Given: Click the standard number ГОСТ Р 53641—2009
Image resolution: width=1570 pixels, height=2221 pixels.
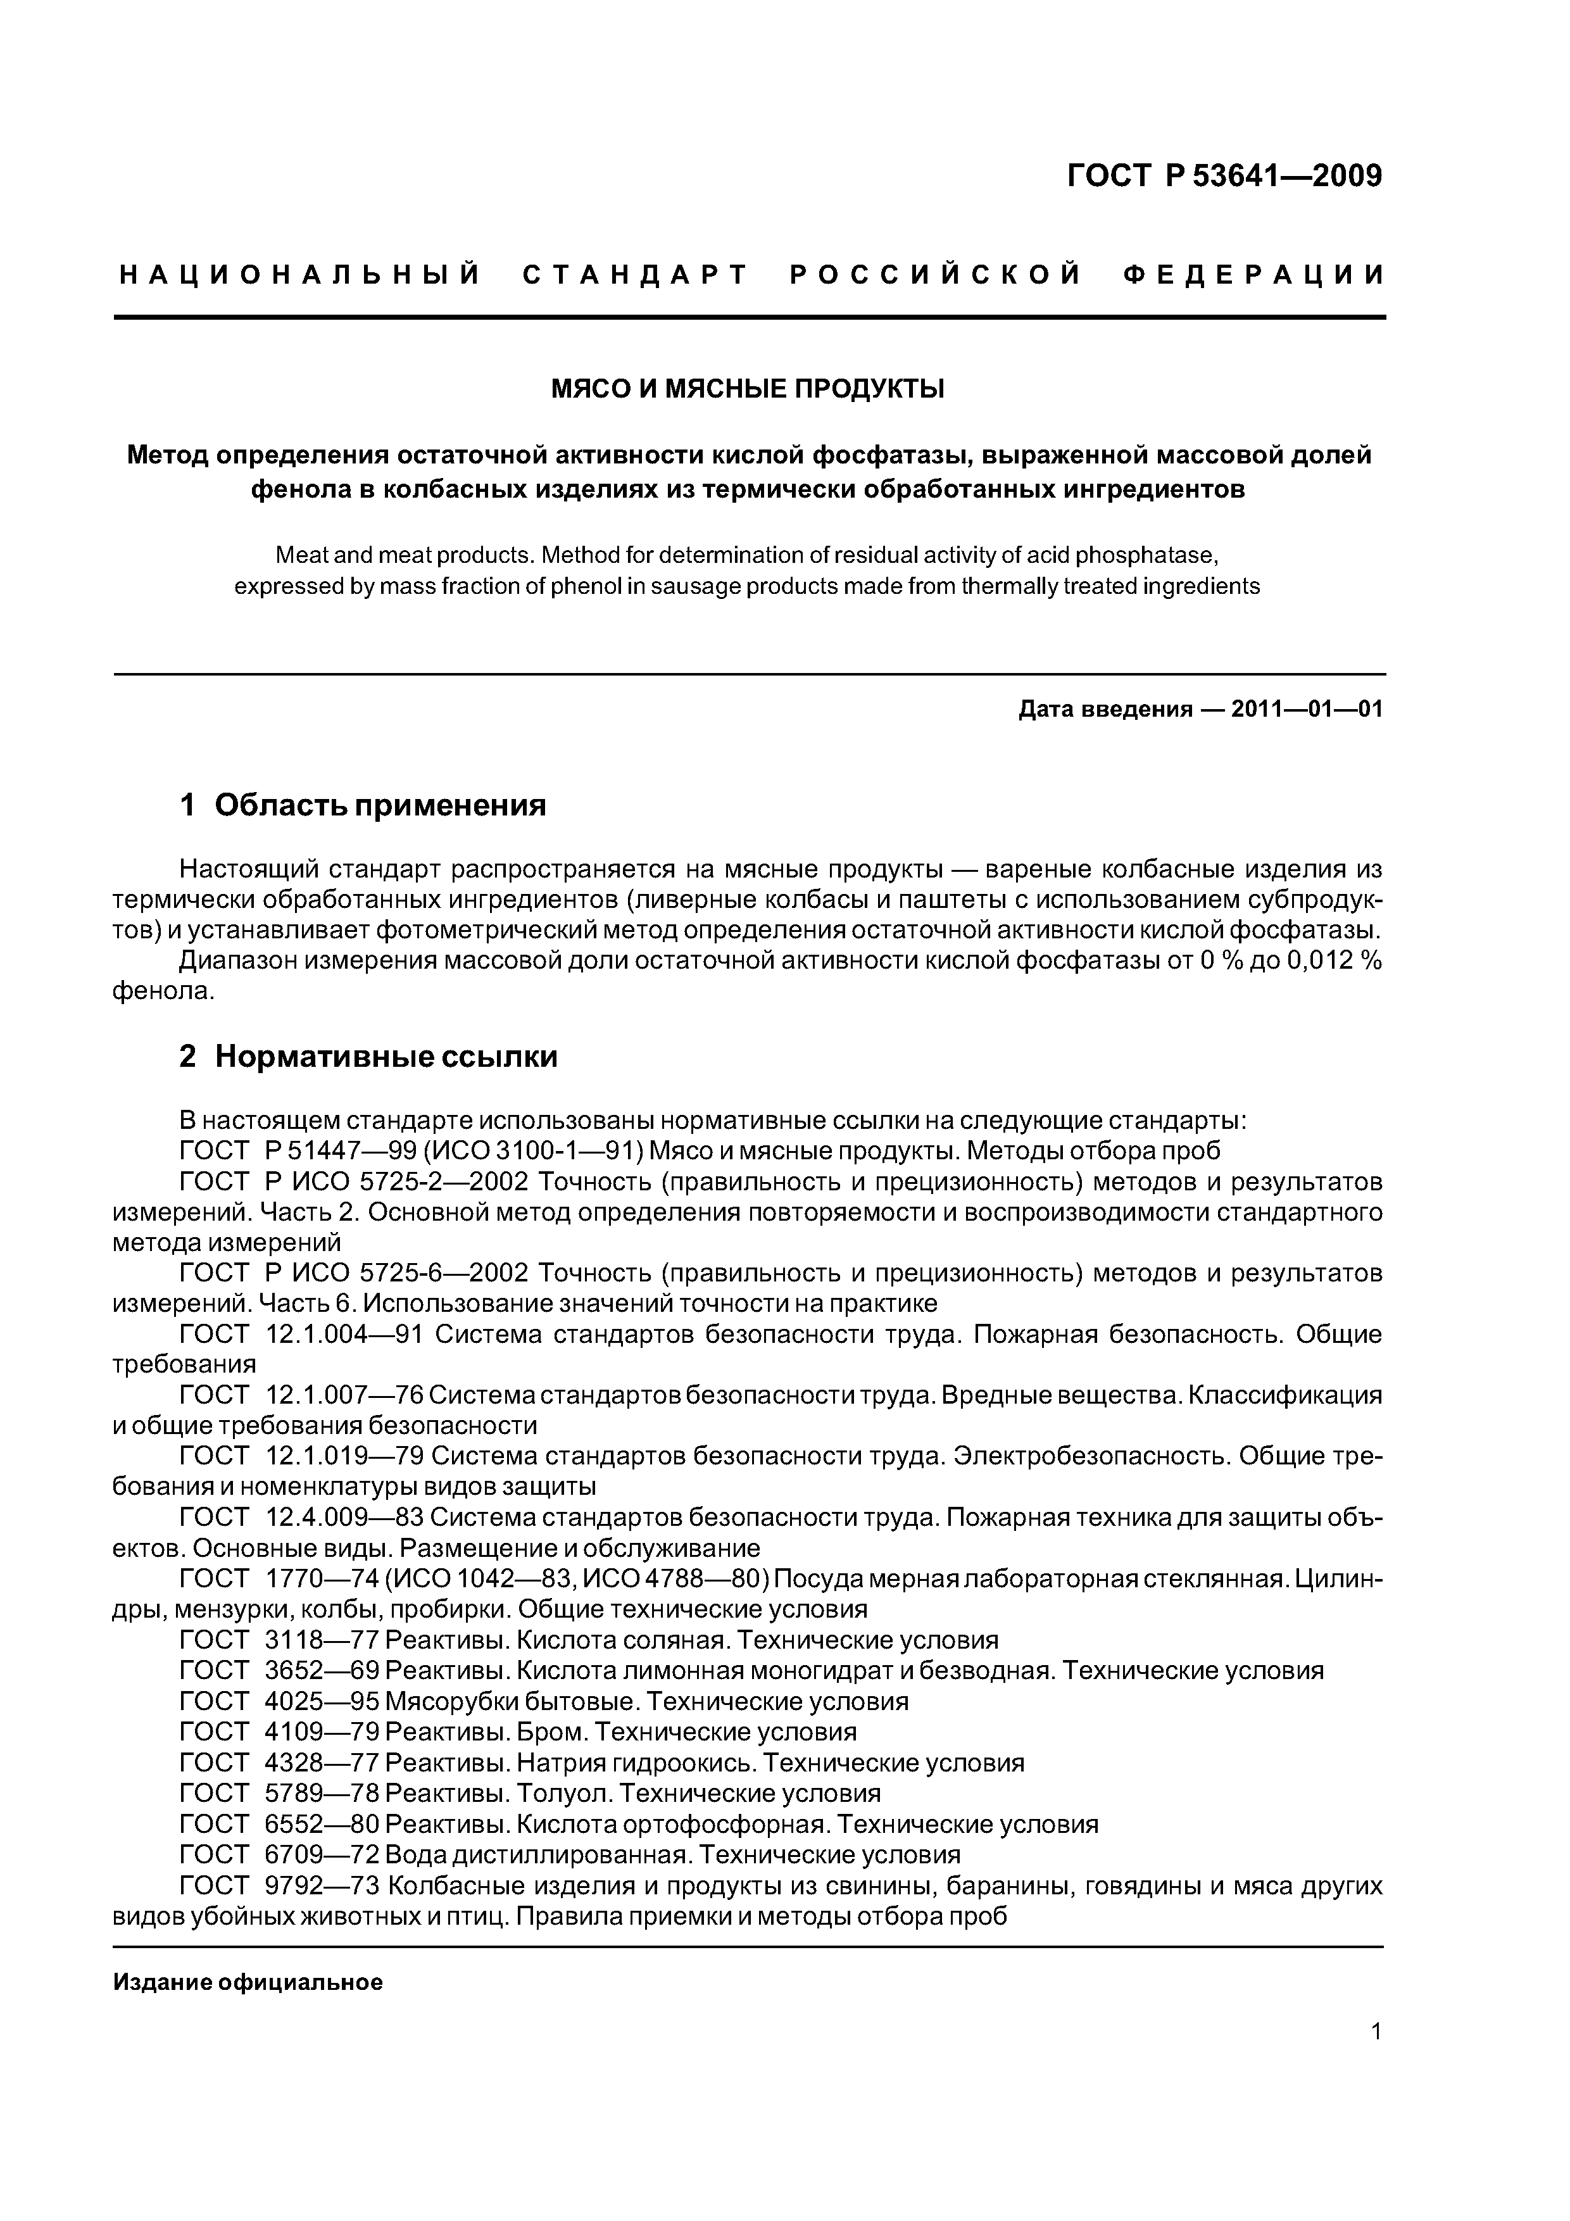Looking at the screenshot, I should click(x=1224, y=176).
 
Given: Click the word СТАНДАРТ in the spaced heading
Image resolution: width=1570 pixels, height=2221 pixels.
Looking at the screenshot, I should click(x=636, y=275).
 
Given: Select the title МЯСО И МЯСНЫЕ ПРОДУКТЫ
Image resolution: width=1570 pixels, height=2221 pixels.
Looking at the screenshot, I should click(x=748, y=389).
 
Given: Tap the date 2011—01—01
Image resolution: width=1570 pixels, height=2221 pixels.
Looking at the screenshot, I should click(x=1307, y=709).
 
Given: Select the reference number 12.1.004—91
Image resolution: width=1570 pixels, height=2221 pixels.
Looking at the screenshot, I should click(x=342, y=1334).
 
